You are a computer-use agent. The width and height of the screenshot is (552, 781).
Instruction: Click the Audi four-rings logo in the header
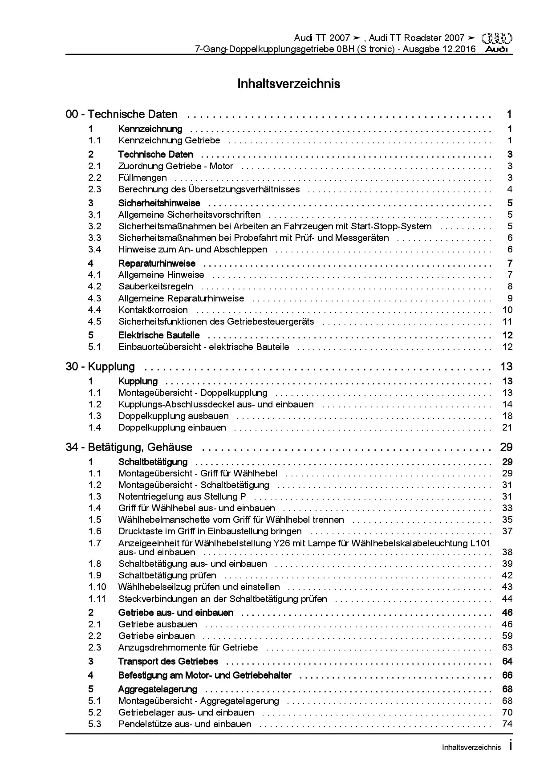(497, 39)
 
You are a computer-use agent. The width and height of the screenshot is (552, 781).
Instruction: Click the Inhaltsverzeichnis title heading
(288, 84)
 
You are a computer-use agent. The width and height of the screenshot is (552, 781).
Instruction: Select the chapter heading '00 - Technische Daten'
(122, 114)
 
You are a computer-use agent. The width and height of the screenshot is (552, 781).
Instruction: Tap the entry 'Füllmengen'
(142, 178)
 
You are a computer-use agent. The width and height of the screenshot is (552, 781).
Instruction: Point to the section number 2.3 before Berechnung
(94, 189)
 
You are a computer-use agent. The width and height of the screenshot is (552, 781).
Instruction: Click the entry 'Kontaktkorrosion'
(153, 310)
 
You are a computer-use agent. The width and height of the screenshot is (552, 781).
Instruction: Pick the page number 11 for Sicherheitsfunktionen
(507, 321)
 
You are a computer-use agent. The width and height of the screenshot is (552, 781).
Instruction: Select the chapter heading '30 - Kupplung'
(100, 366)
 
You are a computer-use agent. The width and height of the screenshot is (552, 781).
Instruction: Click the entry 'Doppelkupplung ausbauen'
(173, 416)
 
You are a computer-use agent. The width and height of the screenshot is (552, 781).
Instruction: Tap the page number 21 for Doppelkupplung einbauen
(507, 427)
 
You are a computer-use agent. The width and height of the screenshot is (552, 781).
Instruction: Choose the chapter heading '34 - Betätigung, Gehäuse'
(129, 447)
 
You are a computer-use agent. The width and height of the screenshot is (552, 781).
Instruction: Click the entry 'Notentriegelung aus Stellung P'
(182, 496)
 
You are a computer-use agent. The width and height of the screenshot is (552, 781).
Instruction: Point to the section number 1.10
(97, 587)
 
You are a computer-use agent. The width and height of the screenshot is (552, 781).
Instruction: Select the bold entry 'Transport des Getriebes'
(168, 661)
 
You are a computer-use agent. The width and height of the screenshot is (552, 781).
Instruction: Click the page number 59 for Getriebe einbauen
(507, 636)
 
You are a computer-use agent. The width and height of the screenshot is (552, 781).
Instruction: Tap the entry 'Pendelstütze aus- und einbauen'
(185, 724)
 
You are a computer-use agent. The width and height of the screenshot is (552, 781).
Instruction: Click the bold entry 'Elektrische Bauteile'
(159, 335)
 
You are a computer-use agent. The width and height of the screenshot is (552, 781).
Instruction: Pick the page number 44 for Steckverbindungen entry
(507, 599)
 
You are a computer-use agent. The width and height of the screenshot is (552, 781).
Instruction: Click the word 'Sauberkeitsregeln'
(155, 286)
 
